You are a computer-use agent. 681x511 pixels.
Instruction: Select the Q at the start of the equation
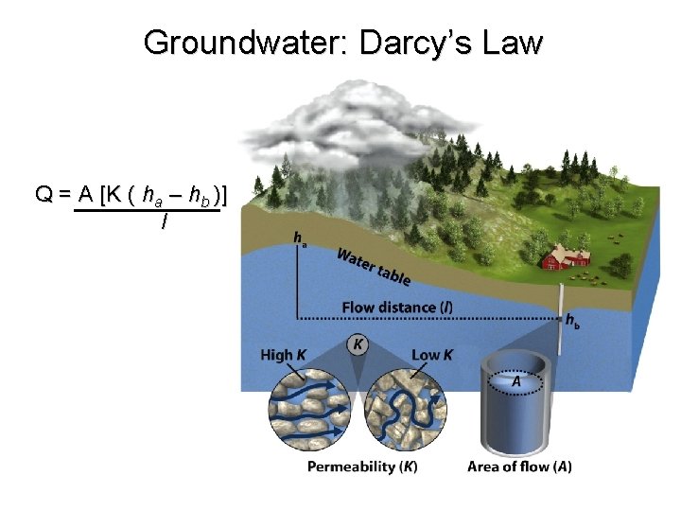pos(44,195)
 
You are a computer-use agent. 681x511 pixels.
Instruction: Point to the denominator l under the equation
pos(165,222)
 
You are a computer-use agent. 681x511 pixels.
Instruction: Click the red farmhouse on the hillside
pos(565,257)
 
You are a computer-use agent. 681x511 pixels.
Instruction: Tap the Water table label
pos(374,266)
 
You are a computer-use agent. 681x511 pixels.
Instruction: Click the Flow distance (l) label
pos(396,308)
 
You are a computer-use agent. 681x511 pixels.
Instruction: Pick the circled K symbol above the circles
pos(358,344)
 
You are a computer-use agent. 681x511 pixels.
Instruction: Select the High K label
pos(283,355)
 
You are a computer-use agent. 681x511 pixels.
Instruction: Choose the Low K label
pos(432,355)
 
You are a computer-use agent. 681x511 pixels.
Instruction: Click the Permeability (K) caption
pos(362,467)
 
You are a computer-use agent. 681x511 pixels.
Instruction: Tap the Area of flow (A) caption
pos(519,467)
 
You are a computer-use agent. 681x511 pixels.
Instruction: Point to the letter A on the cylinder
pos(516,380)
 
